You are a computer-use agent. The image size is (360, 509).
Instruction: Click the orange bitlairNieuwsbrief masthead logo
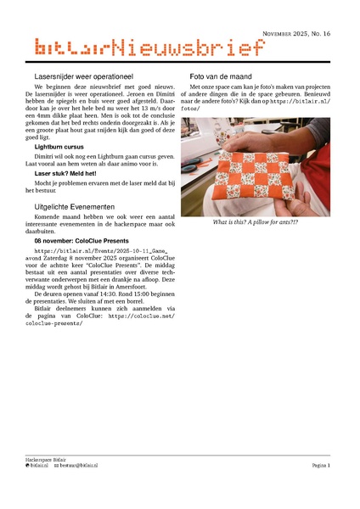(x=145, y=49)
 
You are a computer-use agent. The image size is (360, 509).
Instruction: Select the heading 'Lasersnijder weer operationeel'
(x=85, y=76)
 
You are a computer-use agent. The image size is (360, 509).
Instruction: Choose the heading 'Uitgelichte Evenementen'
(x=75, y=206)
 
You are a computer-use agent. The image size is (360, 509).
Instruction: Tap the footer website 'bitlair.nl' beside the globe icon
(x=40, y=466)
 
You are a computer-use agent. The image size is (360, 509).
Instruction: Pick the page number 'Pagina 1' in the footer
(x=320, y=466)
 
